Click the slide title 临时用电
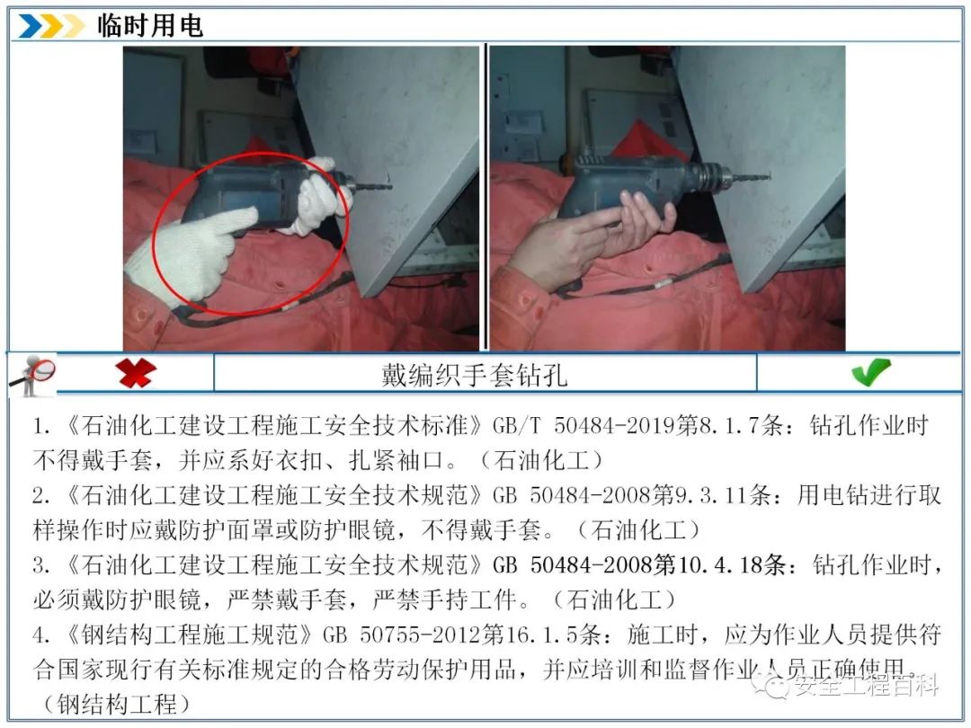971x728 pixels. (x=150, y=25)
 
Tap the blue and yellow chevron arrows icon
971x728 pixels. (x=50, y=26)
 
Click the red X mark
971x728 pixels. (x=136, y=373)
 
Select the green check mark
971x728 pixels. (x=871, y=372)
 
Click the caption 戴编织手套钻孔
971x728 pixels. (x=475, y=375)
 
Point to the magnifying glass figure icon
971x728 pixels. (x=31, y=375)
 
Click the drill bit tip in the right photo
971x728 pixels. (x=768, y=178)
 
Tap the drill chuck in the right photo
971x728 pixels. (x=709, y=176)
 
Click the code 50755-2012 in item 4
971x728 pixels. (x=421, y=635)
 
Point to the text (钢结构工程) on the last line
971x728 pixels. (x=116, y=704)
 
